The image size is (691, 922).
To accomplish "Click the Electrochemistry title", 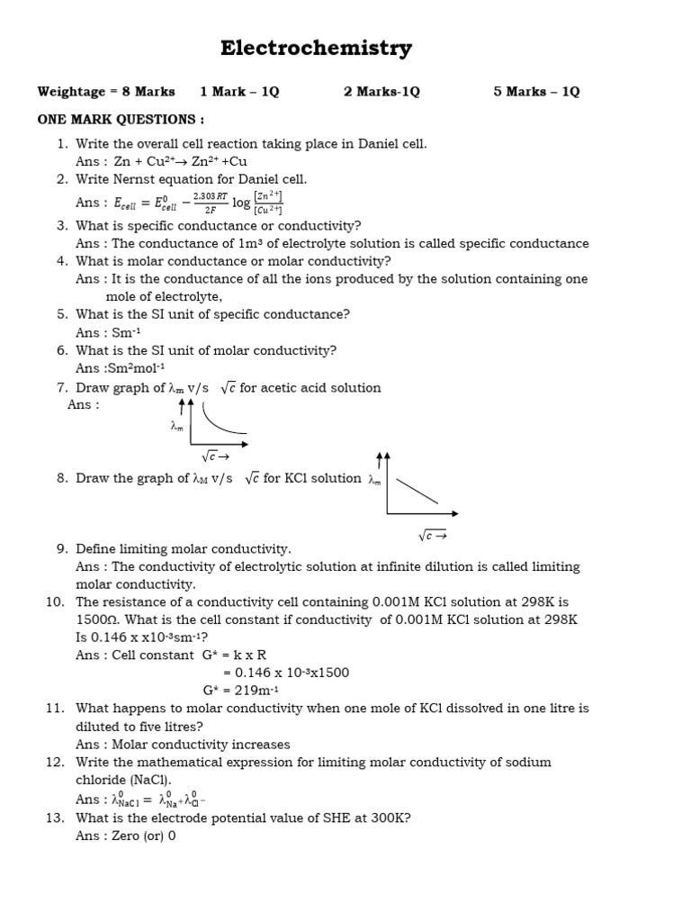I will tap(317, 49).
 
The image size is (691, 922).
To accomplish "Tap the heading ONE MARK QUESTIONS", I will tap(121, 119).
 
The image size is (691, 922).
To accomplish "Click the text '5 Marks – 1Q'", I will tap(536, 92).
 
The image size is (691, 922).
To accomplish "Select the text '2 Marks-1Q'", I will tap(381, 92).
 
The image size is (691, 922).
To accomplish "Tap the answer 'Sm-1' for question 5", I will tap(125, 332).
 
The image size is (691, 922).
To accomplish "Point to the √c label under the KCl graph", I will tap(432, 536).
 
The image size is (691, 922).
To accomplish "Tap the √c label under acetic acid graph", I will tap(216, 457).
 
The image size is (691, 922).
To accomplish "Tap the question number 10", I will tap(56, 602).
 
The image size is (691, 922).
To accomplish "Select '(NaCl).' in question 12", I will tap(153, 780).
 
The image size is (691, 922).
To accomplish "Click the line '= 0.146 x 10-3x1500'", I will tap(286, 673).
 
